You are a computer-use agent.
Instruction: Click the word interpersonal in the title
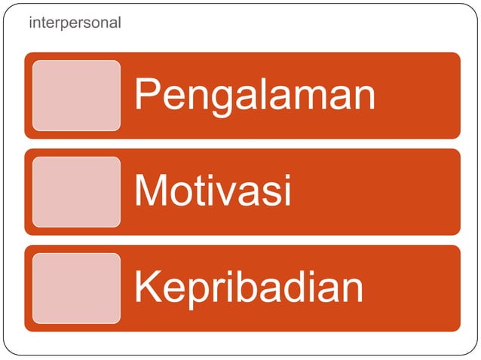[x=74, y=23]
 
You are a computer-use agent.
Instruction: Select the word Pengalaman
[x=255, y=96]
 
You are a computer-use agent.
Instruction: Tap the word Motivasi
[x=213, y=191]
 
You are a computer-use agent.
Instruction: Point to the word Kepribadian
[x=249, y=288]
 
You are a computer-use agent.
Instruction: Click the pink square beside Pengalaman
[x=76, y=96]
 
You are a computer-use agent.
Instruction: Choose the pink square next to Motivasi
[x=76, y=192]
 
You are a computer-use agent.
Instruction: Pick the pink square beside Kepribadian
[x=76, y=288]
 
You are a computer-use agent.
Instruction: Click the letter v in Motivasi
[x=227, y=194]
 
